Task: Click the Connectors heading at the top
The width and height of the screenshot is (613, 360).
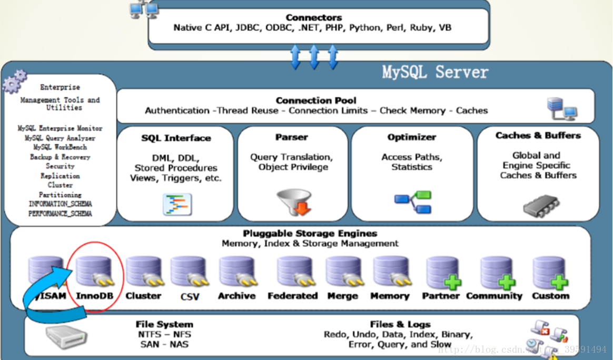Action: coord(313,17)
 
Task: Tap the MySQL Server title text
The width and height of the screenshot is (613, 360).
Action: coord(435,72)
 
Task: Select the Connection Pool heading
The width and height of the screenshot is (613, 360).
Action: coord(316,100)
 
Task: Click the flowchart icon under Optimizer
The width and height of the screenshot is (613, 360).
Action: coord(413,203)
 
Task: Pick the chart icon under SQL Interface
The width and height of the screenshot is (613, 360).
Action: coord(177,204)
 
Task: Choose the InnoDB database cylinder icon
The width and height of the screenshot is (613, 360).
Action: coord(94,271)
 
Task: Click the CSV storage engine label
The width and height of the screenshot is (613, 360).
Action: coord(190,297)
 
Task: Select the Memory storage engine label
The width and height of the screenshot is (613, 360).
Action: coord(390,296)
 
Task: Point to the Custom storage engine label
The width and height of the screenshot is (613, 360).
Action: coord(550,296)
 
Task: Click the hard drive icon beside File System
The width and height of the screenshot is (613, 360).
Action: coord(64,335)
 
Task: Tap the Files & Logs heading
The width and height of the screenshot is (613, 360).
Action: coord(400,324)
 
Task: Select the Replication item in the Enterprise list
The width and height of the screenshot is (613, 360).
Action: coord(60,176)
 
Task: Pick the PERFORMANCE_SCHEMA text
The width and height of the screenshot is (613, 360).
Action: coord(60,214)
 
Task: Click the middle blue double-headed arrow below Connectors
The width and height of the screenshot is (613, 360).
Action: coord(314,57)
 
